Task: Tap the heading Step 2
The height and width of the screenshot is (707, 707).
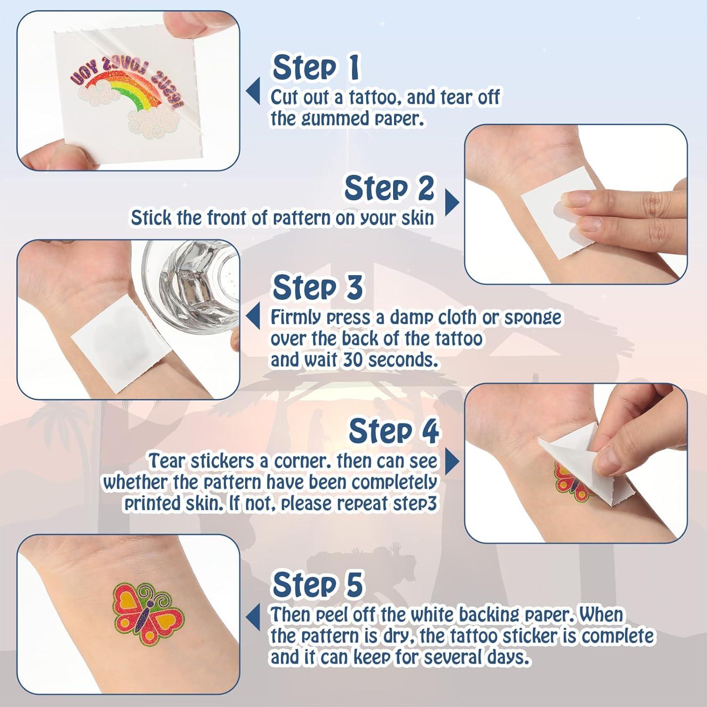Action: point(389,189)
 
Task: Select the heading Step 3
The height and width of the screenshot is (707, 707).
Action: point(318,288)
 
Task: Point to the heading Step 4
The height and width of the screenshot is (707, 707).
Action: point(394,431)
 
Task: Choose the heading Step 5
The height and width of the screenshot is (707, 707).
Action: point(318,584)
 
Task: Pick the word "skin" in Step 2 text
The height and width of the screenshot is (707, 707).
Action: point(416,218)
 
